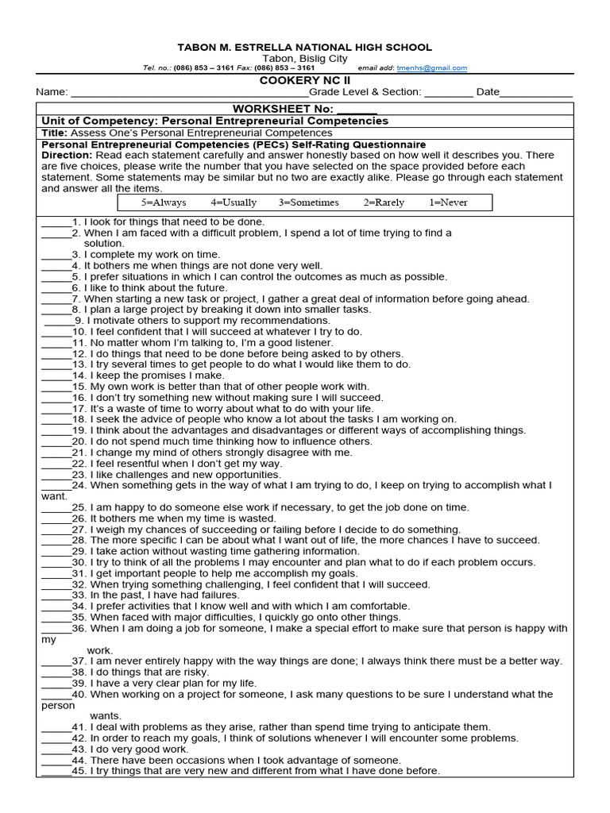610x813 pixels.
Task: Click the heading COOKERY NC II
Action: pos(305,80)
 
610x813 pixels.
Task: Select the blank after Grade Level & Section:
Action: pos(449,94)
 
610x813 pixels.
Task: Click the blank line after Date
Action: pos(536,94)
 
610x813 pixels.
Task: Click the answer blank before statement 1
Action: pos(56,222)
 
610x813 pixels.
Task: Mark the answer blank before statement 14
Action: pos(56,376)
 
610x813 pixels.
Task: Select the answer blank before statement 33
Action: pos(56,595)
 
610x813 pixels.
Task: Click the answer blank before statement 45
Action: pos(56,771)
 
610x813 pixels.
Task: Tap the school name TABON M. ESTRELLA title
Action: pos(305,48)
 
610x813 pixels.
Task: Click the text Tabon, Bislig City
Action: pos(305,59)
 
